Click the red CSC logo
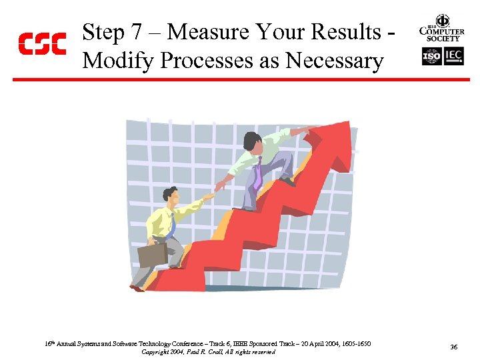pos(41,43)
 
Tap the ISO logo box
pos(431,57)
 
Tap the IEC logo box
pos(454,57)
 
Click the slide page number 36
pos(453,347)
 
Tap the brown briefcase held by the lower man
pos(153,254)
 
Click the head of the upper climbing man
pos(252,141)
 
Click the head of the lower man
pos(171,196)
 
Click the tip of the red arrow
pos(346,127)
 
